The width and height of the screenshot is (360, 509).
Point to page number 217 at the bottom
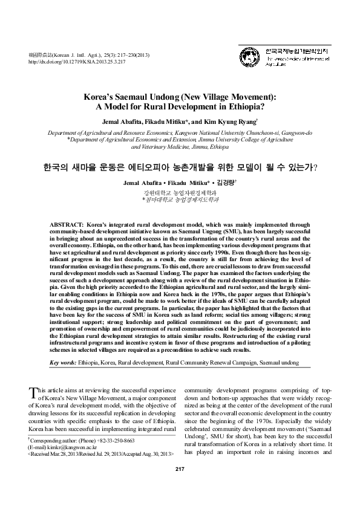point(180,486)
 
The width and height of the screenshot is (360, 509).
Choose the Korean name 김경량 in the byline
point(227,181)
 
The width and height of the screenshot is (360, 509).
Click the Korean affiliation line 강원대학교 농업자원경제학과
point(180,191)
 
